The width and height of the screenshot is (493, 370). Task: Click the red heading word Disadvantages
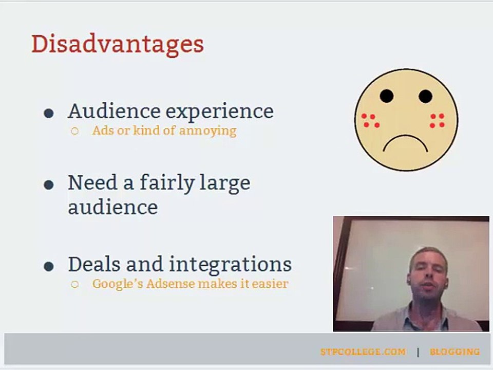118,45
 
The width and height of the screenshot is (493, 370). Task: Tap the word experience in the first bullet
219,112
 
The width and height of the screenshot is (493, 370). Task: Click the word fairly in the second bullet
166,183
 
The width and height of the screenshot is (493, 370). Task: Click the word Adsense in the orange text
170,284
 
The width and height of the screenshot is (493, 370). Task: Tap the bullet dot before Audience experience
49,113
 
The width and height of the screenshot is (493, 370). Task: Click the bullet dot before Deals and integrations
49,267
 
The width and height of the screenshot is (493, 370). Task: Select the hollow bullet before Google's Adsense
74,284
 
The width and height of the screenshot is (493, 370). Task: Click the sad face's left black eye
386,96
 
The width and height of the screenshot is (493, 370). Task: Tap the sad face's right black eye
425,96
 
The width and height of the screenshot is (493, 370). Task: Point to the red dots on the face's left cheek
370,120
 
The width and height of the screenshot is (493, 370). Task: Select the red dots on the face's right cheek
438,120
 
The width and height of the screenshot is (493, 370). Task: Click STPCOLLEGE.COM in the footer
363,351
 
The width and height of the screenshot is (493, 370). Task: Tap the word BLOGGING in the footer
455,351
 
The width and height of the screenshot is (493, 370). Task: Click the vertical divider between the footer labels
418,352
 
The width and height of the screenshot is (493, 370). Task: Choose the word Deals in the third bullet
94,264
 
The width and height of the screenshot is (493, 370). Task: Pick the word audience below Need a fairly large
113,207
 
